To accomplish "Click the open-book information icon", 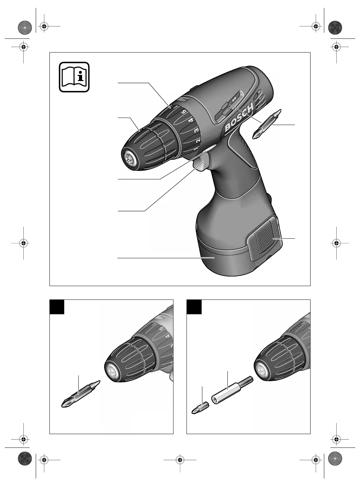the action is (74, 77).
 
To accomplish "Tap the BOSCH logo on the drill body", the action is (239, 118).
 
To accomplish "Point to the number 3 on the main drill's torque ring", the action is (197, 130).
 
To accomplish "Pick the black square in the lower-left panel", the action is (57, 307).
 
